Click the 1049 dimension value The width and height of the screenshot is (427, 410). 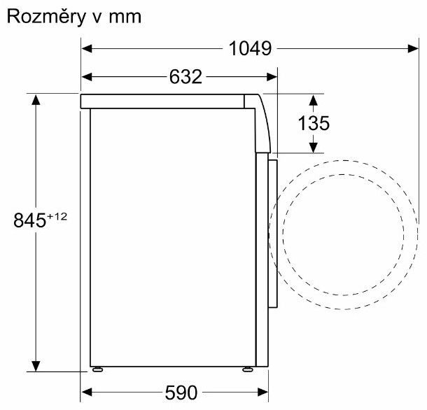(x=250, y=48)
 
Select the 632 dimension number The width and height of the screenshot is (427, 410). (x=185, y=77)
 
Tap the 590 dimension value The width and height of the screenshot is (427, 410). (x=181, y=393)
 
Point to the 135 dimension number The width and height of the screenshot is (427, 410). (x=314, y=123)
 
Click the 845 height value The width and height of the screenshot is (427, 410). (x=29, y=220)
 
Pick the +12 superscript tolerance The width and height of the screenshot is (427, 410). (x=57, y=216)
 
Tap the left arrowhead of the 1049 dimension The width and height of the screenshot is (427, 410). (x=87, y=49)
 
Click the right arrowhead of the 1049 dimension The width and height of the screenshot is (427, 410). (x=413, y=49)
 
